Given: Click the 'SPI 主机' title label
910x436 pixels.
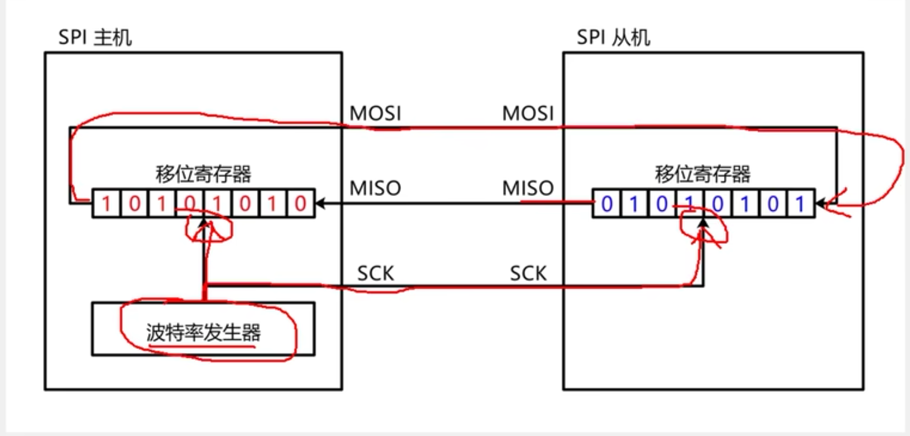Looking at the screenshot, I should [x=95, y=38].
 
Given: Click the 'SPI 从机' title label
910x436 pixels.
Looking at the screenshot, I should [x=613, y=38].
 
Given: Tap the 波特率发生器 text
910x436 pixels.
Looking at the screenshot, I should [x=203, y=333].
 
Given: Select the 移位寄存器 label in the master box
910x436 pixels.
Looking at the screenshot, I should [x=203, y=174].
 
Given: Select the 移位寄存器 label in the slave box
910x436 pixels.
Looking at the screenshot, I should [x=702, y=174].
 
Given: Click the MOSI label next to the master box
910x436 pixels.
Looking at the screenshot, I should [x=375, y=113].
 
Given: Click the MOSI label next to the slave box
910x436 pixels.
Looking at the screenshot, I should [x=528, y=113].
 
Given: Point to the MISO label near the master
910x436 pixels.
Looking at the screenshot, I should [x=375, y=188].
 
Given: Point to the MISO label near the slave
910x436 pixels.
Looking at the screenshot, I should [x=528, y=188].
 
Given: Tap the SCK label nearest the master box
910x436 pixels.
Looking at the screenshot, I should [x=375, y=273].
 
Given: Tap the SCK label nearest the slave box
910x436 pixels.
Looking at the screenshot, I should [x=528, y=273].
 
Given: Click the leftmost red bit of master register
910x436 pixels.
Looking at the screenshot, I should [x=106, y=203].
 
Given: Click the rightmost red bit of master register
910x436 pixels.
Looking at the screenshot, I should [x=301, y=203].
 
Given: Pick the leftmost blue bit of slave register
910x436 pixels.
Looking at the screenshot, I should [x=607, y=203].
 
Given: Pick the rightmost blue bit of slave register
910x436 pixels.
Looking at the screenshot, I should [x=800, y=203].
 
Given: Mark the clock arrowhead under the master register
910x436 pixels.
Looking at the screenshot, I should [x=203, y=222].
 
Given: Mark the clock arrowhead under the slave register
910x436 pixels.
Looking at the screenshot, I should [x=703, y=222].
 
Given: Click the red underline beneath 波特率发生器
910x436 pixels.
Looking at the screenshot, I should [x=202, y=347].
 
